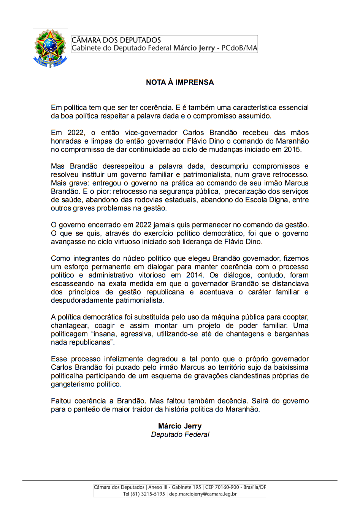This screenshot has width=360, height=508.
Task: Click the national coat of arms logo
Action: pos(50,48)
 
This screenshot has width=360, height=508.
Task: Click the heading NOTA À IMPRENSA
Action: pos(180,82)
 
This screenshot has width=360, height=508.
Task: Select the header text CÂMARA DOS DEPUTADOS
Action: pos(116,40)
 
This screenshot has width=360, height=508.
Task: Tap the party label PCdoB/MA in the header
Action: pos(239,48)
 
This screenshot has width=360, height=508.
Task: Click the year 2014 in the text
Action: pos(195,275)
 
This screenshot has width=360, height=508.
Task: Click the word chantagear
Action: pos(70,326)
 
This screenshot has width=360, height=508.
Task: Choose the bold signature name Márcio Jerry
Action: pos(180,426)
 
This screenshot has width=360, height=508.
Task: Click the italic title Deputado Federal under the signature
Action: pos(180,434)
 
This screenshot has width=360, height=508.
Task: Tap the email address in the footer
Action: pos(203,494)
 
